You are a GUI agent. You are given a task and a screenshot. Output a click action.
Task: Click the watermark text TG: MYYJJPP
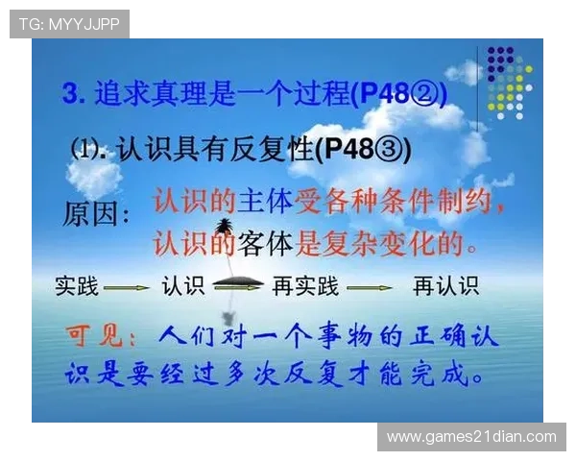point(69,24)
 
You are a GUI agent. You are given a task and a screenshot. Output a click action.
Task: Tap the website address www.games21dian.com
point(471,437)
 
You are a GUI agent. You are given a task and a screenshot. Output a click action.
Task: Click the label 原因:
point(96,212)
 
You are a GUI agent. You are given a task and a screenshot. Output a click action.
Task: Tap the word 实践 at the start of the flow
point(76,285)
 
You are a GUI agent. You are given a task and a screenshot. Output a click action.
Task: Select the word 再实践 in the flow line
point(305,285)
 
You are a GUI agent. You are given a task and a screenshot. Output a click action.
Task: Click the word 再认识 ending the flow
point(445,285)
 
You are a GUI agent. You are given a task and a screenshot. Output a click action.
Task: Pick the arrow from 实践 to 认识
point(126,286)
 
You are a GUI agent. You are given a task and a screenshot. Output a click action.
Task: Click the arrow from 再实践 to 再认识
point(370,286)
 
